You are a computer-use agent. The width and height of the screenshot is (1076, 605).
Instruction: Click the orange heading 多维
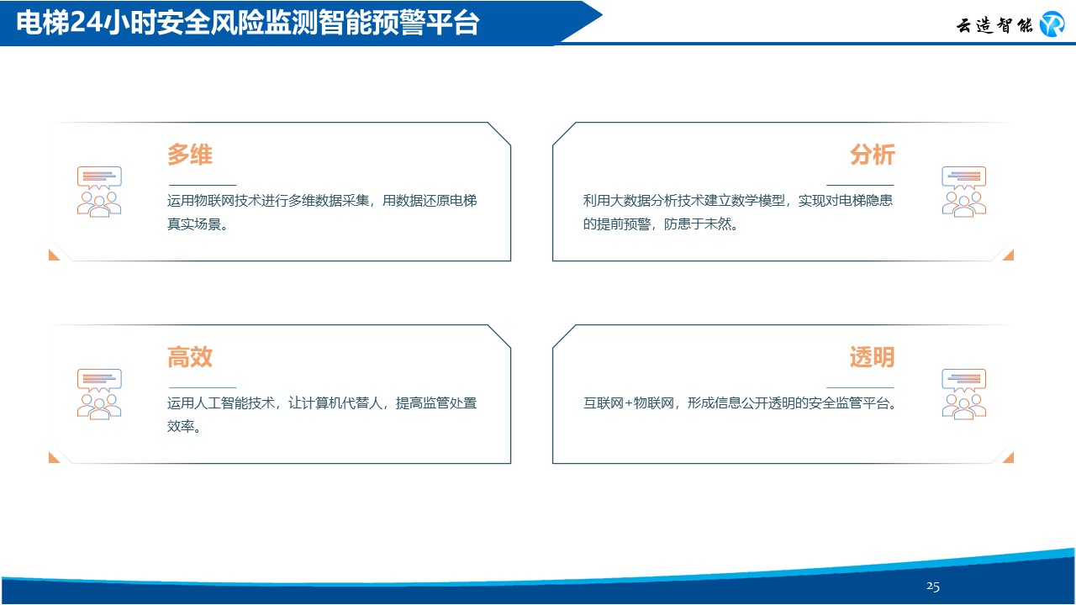190,155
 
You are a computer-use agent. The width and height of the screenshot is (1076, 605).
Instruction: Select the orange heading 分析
872,155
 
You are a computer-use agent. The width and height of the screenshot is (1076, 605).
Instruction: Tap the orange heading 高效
190,357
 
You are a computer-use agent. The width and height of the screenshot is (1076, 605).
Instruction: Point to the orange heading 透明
872,357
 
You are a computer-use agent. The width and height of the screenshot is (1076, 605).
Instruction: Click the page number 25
933,587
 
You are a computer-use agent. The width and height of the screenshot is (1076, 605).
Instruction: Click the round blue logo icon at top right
1052,24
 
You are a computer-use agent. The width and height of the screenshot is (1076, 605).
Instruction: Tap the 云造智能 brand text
994,25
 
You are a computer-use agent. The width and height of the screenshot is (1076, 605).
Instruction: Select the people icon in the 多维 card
99,192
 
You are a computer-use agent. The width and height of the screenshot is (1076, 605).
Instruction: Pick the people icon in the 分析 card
964,192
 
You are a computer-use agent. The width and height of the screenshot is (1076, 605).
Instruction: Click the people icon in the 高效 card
99,394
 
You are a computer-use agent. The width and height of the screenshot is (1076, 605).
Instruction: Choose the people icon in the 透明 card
964,394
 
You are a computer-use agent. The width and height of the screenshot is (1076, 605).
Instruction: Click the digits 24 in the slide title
86,22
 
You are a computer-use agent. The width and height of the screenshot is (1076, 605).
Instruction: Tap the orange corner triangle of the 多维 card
54,255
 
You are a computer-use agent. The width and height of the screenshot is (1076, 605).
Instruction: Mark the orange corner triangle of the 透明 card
1008,457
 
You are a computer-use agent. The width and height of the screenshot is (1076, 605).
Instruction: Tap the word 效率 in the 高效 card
180,426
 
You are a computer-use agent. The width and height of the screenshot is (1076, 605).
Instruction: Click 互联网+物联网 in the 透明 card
629,402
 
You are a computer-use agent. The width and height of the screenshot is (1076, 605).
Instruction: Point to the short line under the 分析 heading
860,185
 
